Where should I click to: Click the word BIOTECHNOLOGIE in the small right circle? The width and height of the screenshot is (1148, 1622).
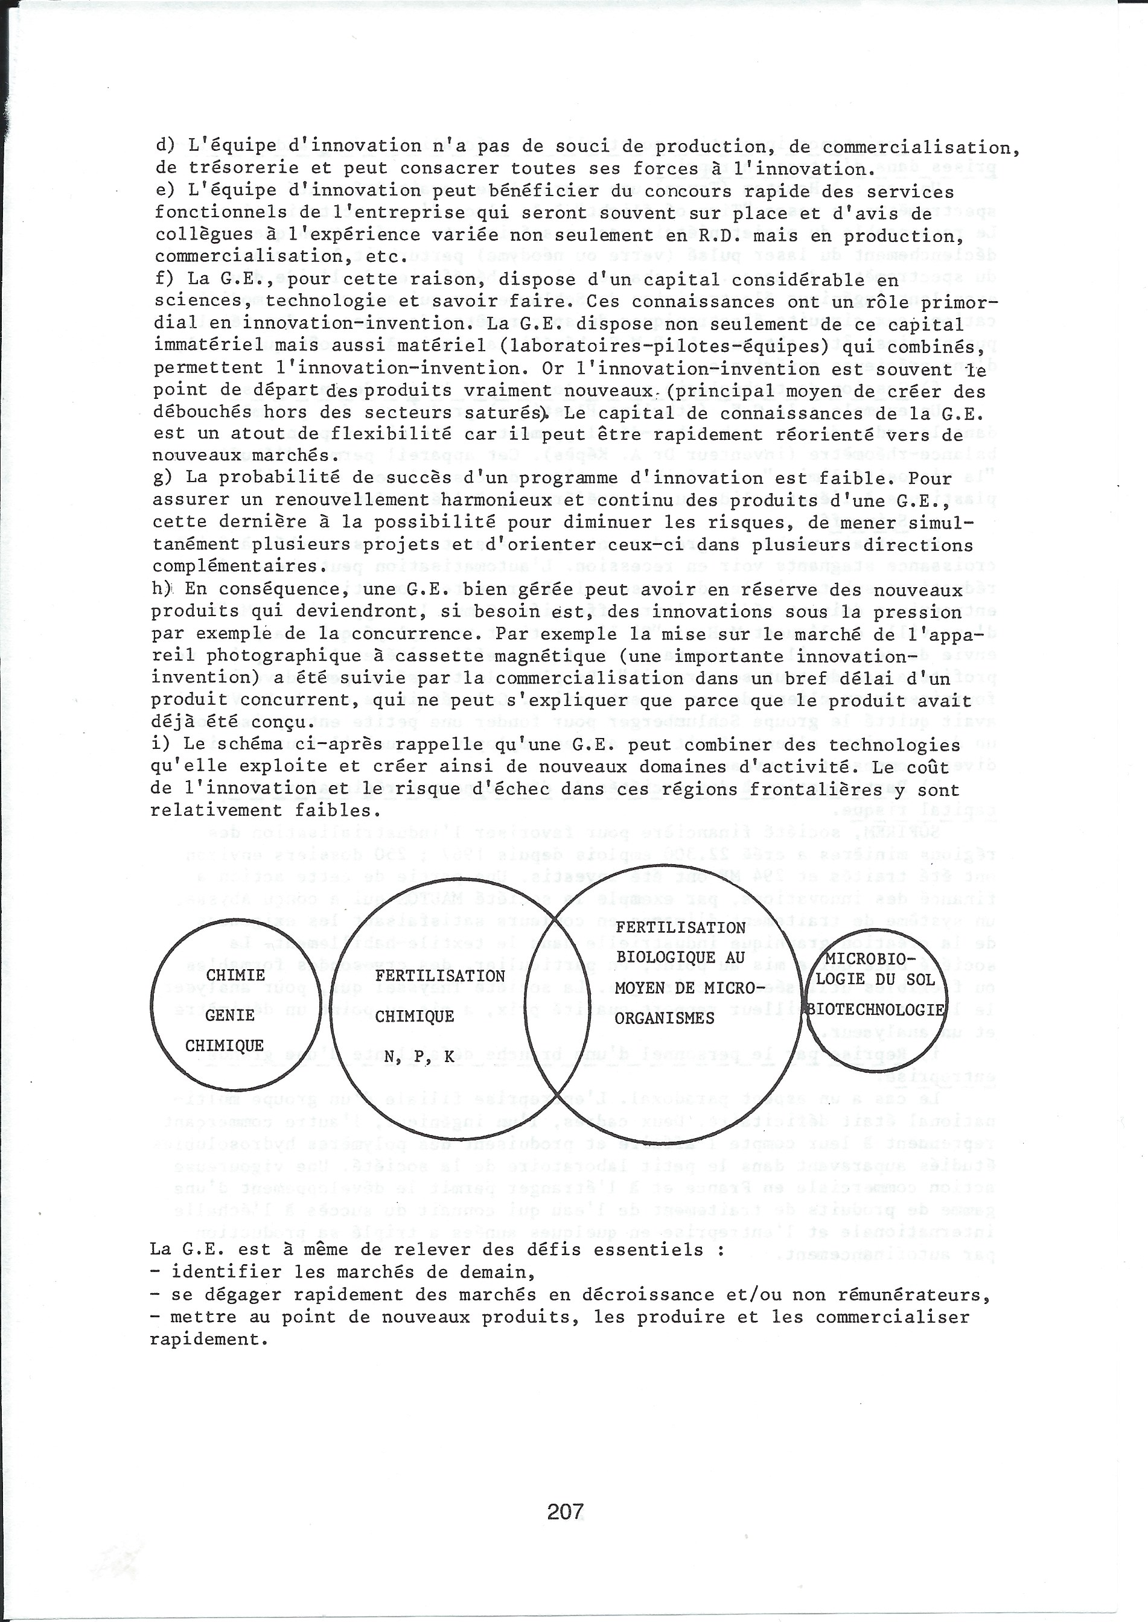click(x=876, y=1010)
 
